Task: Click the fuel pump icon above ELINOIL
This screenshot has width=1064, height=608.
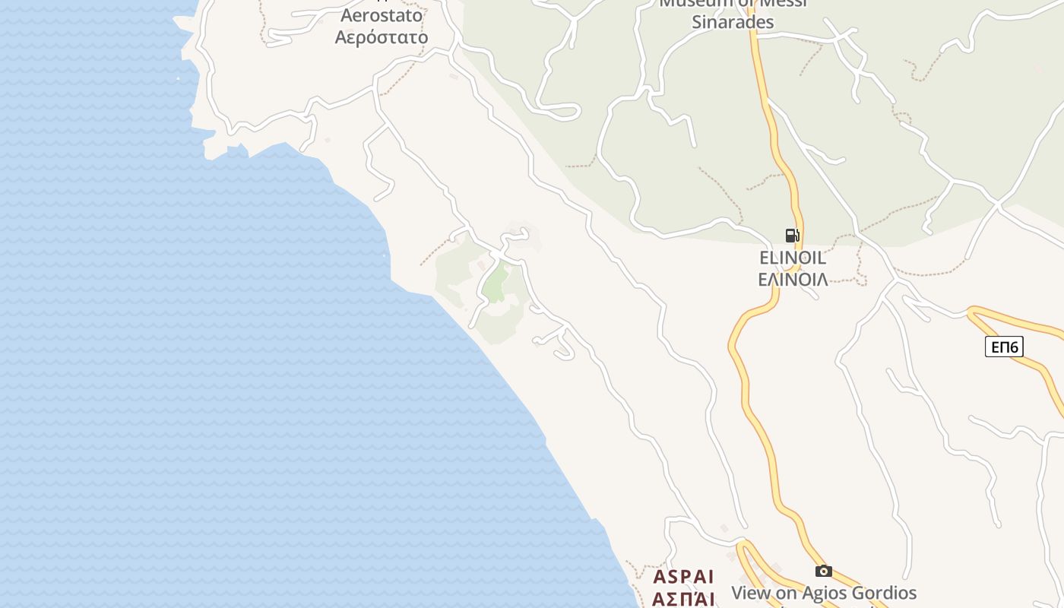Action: point(792,236)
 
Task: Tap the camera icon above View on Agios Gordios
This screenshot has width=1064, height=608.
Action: point(823,571)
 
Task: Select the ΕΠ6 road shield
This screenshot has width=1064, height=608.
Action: point(1005,347)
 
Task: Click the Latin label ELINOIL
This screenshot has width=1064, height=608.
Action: point(793,258)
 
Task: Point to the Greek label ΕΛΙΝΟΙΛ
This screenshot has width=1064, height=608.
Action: point(793,279)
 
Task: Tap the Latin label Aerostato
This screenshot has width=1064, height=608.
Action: point(382,15)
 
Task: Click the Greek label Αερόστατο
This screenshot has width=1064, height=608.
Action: point(382,37)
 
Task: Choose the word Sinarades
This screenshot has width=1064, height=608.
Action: point(733,22)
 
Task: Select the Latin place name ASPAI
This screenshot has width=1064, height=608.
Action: point(684,576)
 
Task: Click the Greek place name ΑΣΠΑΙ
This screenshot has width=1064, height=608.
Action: point(684,599)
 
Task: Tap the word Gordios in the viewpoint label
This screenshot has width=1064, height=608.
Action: point(886,593)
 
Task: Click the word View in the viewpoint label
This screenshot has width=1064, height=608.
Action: point(749,593)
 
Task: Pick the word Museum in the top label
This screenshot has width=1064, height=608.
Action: point(690,3)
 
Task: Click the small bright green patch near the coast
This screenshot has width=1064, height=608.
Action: point(496,284)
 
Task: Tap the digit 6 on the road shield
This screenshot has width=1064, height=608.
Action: point(1014,347)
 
